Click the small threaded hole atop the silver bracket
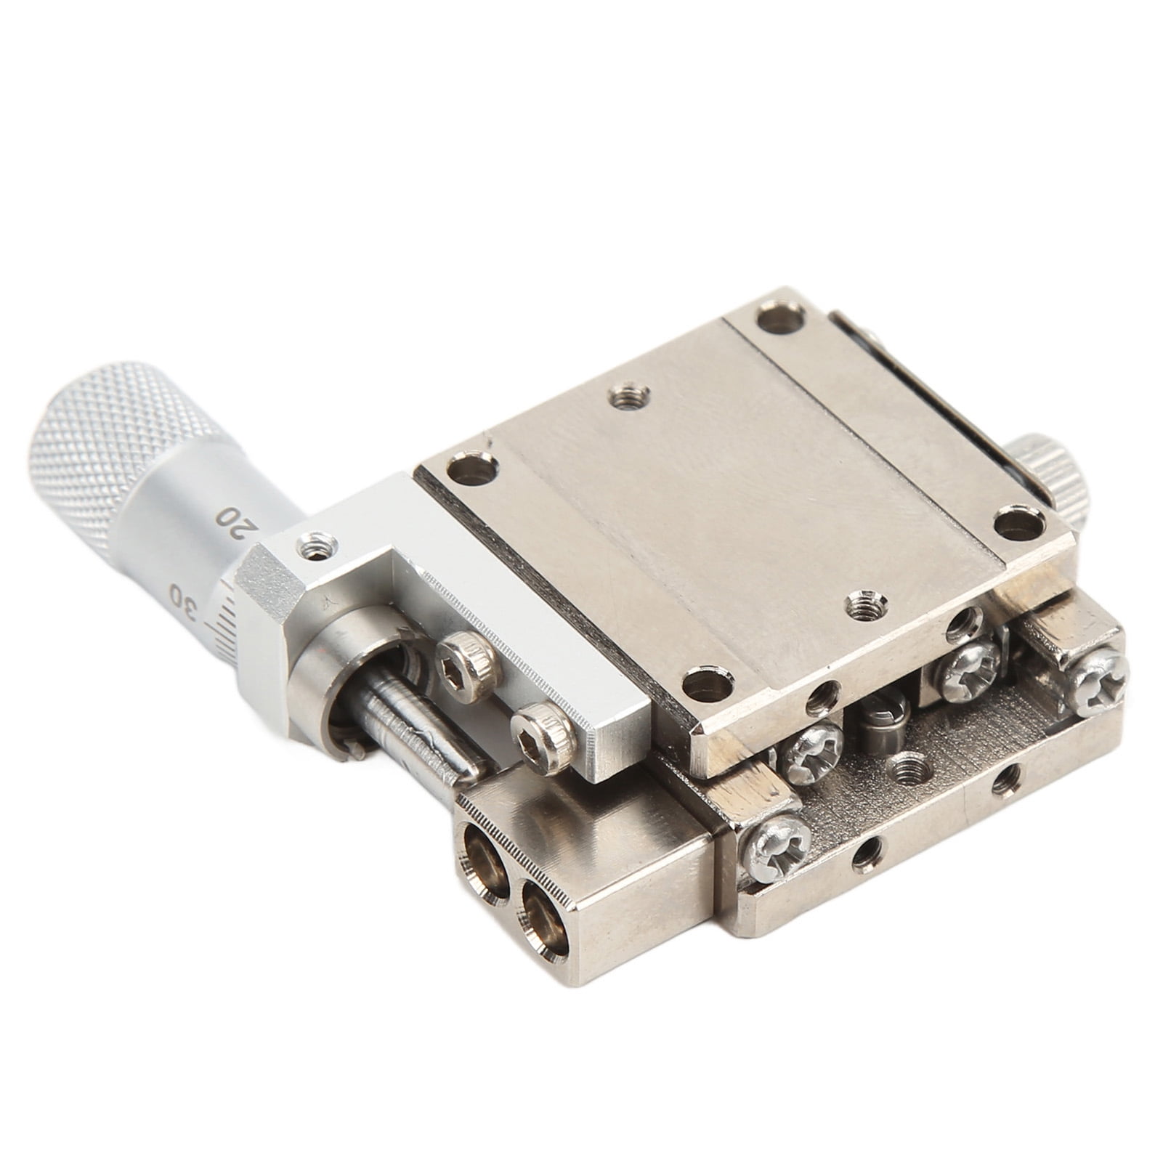[x=317, y=542]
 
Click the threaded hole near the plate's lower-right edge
[x=865, y=601]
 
